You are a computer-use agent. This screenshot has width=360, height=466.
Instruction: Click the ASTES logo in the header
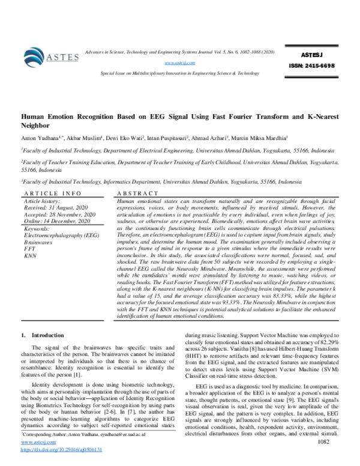(x=52, y=56)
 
